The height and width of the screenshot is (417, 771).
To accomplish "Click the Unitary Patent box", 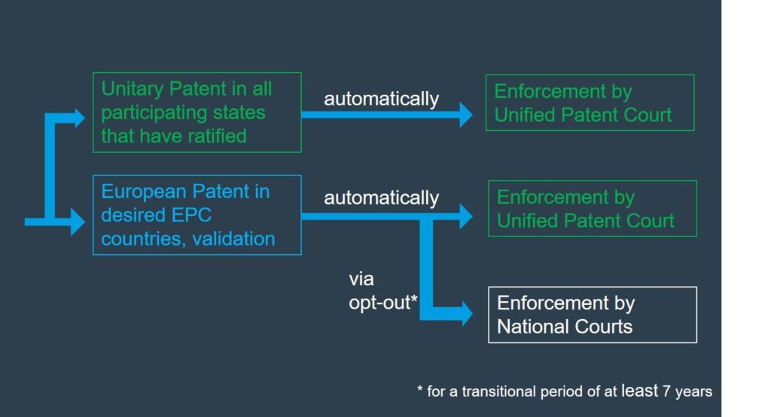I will tap(197, 112).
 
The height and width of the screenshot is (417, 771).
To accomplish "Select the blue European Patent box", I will tap(197, 215).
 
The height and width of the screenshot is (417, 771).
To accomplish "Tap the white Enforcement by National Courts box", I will tap(592, 315).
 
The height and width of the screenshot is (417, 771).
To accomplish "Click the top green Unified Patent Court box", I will tap(590, 103).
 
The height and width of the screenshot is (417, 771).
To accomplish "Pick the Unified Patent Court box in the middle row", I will tap(592, 208).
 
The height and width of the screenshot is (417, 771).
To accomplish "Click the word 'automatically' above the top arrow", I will tap(381, 99).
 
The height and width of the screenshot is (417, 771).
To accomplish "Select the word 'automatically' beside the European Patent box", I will tap(381, 198).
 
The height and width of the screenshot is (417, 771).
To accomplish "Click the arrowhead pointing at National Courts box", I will tap(465, 313).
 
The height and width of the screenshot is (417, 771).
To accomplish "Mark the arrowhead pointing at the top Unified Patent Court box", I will tap(465, 114).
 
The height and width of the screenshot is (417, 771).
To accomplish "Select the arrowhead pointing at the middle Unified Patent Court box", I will tap(465, 217).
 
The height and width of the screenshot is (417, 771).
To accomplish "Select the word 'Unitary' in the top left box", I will tap(133, 89).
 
